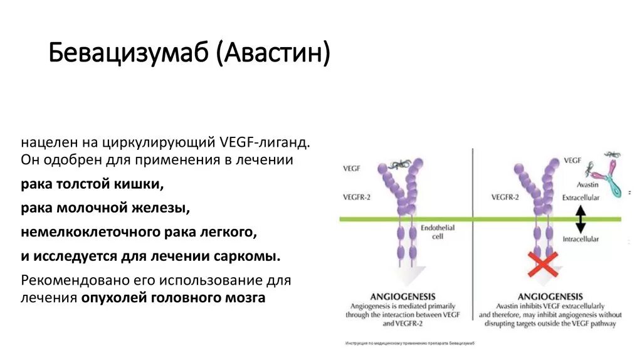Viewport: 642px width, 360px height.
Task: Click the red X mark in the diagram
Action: pos(543,263)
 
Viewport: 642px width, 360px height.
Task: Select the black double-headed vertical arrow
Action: pos(581,219)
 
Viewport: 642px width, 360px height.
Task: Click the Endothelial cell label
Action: pos(438,231)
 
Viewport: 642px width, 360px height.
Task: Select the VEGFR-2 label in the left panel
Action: pos(357,197)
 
